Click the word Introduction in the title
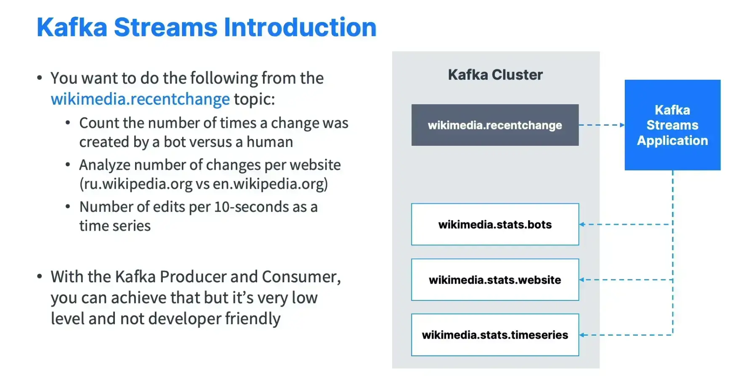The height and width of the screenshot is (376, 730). tap(300, 28)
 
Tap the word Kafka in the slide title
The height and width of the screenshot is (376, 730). tap(72, 28)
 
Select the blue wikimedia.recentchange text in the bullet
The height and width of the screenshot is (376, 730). tap(140, 99)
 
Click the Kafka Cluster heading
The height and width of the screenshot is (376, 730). tap(495, 75)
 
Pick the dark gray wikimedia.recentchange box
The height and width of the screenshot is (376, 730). tap(495, 125)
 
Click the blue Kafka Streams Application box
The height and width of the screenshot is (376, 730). tap(672, 125)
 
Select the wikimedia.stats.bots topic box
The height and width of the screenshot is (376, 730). tap(495, 224)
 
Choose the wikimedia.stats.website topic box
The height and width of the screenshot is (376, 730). tap(495, 280)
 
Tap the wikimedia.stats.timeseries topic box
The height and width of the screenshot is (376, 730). tap(495, 335)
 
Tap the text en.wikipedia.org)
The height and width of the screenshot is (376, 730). tap(270, 184)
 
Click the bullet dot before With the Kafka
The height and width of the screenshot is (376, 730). tap(40, 276)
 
